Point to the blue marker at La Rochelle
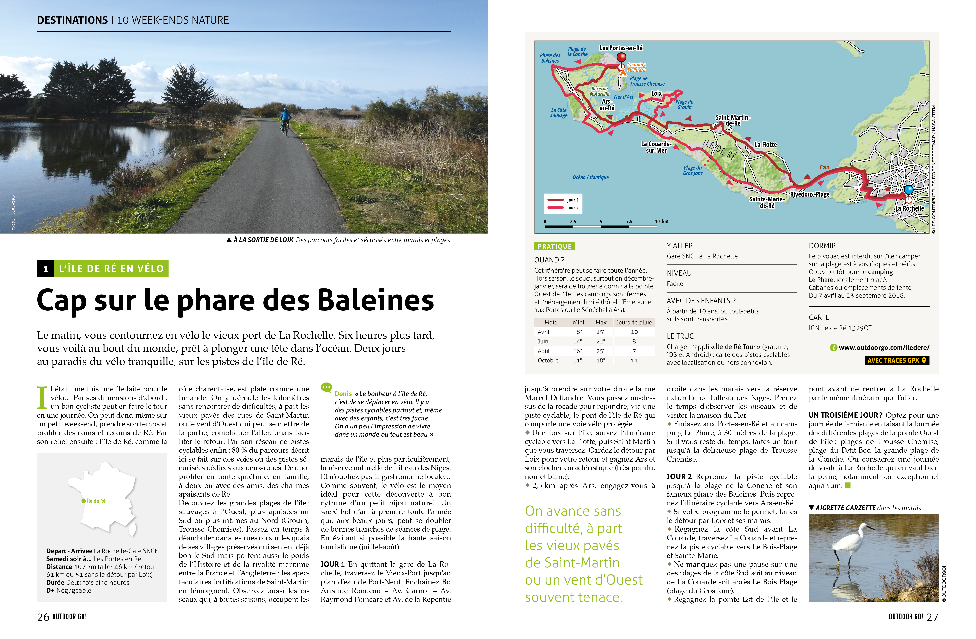pos(909,189)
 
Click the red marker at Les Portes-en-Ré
pos(622,57)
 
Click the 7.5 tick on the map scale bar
pos(629,222)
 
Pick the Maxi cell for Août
pos(600,351)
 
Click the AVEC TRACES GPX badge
pos(897,360)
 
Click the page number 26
pos(43,617)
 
